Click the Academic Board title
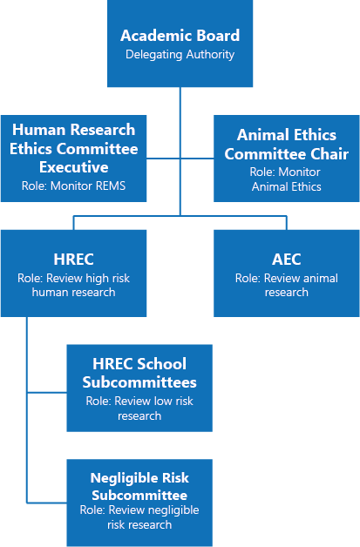point(180,37)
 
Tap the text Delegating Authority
point(180,54)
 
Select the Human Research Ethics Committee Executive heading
point(73,148)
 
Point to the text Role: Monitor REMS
point(73,186)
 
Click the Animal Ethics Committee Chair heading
point(286,145)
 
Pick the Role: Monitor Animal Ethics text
point(286,179)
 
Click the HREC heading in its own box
point(73,259)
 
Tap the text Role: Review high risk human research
point(73,286)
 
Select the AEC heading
point(286,259)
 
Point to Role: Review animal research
point(286,285)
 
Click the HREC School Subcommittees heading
point(139,373)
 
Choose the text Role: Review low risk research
point(139,408)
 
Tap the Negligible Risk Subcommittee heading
point(139,486)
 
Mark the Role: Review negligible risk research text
point(139,517)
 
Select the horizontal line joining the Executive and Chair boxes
point(180,159)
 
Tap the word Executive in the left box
point(73,166)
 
